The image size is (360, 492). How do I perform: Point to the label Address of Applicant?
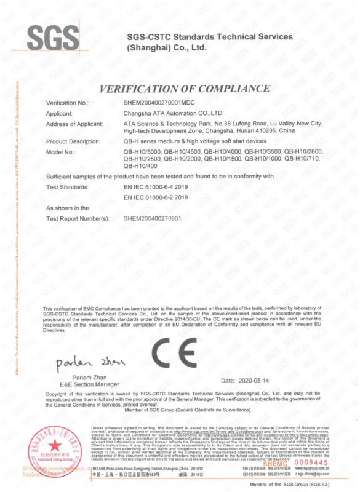74,124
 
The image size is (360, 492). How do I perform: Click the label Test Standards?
68,186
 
